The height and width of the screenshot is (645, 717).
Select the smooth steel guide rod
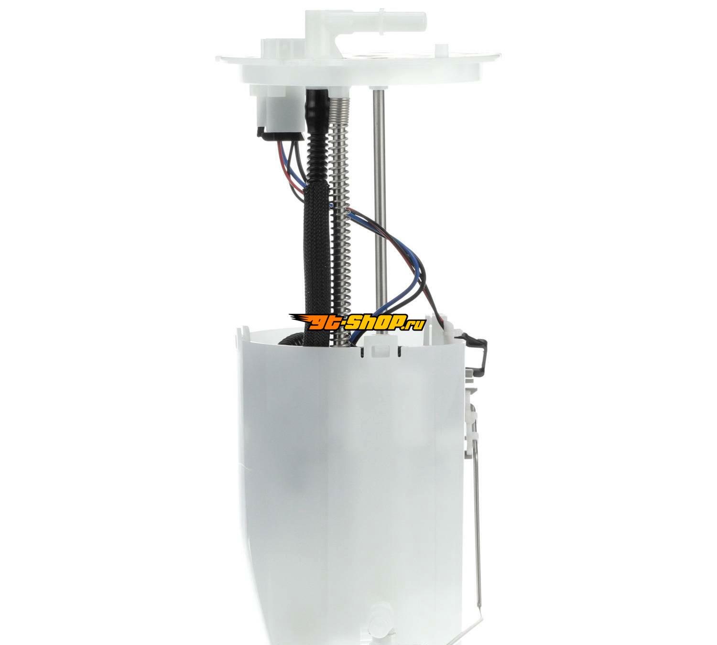(x=379, y=211)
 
